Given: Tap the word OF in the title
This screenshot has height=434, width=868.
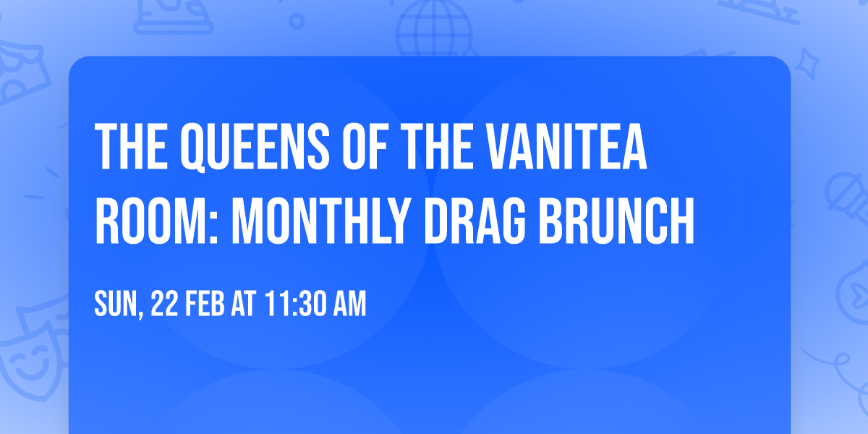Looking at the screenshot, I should (369, 147).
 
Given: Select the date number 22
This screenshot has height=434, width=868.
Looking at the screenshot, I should (163, 304).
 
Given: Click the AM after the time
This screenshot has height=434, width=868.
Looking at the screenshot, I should (348, 304).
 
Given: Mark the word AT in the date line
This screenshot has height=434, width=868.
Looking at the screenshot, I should (243, 304).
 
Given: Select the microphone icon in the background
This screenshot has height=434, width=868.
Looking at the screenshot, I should (843, 192).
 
